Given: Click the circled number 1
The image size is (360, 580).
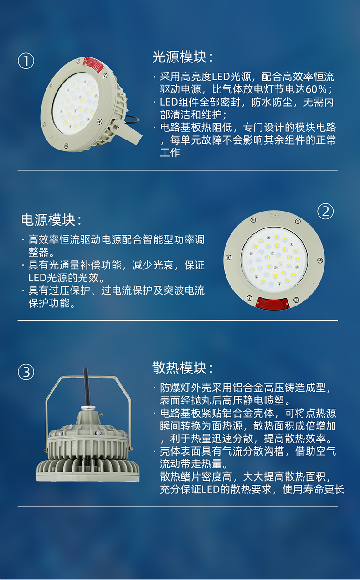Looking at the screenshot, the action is pyautogui.click(x=26, y=61).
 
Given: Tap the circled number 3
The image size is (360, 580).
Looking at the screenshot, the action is pyautogui.click(x=26, y=372).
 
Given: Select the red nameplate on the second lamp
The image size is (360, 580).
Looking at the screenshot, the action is pyautogui.click(x=272, y=303).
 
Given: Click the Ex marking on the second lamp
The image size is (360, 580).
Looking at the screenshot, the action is pyautogui.click(x=275, y=216).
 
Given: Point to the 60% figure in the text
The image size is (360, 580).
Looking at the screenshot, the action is pyautogui.click(x=316, y=89).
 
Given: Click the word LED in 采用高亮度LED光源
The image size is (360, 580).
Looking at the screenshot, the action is pyautogui.click(x=221, y=77).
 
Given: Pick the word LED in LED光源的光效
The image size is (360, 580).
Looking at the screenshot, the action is pyautogui.click(x=37, y=278).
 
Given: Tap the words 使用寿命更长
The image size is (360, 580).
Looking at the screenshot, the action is pyautogui.click(x=313, y=489).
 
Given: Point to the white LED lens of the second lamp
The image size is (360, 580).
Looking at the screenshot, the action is pyautogui.click(x=274, y=260).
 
